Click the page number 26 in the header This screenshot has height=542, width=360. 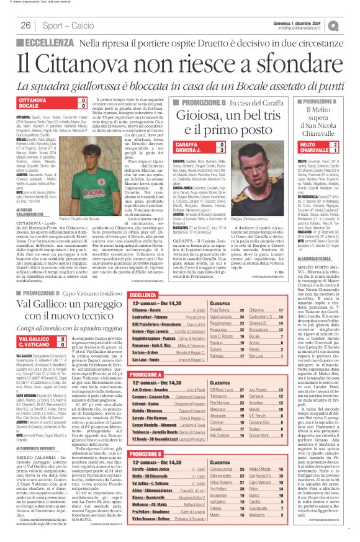tap(26, 25)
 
